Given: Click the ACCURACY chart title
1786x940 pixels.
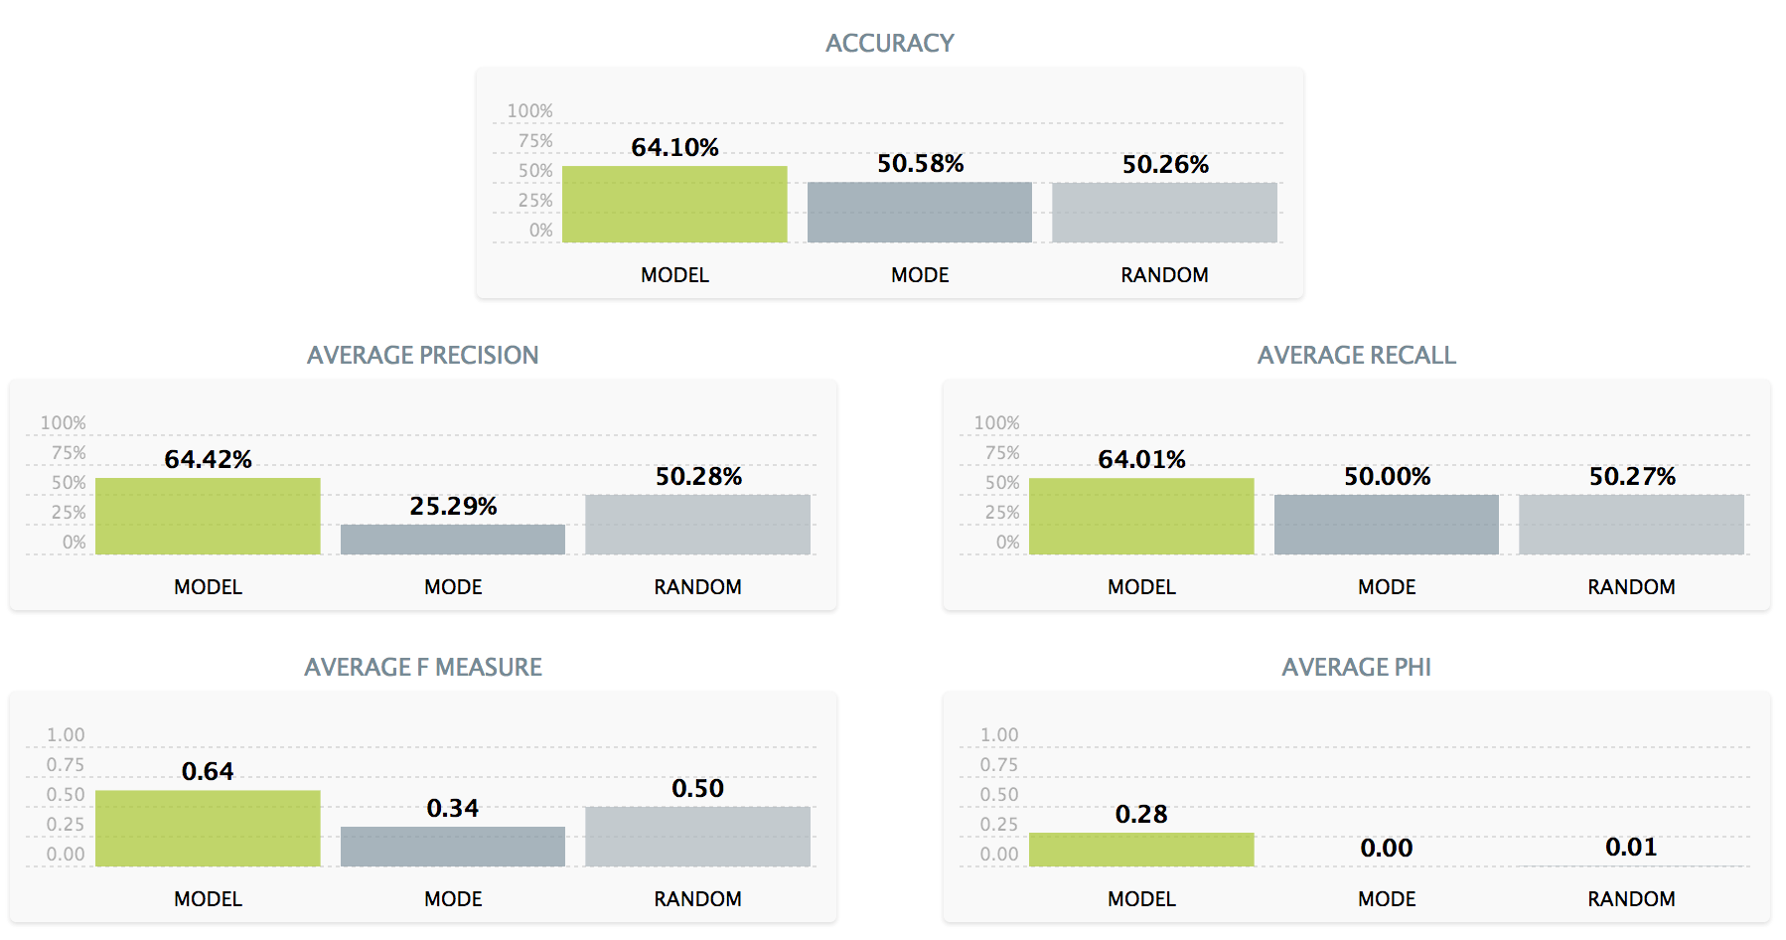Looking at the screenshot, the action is [x=889, y=44].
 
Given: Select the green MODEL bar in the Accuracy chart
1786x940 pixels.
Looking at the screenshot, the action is [x=674, y=204].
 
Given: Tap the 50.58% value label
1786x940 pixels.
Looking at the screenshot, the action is [x=920, y=164].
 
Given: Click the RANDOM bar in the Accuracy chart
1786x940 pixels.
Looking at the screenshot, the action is [x=1164, y=213].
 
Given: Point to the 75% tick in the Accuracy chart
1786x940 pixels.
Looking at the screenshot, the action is [x=535, y=141].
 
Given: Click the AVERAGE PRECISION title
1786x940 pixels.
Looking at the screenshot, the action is [x=422, y=356].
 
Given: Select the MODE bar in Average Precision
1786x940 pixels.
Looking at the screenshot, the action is [x=453, y=540].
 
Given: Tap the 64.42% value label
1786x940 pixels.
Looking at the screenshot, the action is [x=208, y=459].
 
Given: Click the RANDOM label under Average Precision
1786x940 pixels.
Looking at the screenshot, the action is [x=697, y=587].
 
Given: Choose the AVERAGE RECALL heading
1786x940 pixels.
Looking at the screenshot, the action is [x=1356, y=356].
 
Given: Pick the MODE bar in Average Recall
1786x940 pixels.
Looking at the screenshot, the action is [x=1387, y=525].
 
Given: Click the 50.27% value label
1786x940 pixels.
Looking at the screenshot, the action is [x=1632, y=477].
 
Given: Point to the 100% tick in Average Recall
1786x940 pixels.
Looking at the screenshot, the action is [x=996, y=423].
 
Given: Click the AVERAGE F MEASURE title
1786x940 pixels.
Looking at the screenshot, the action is [x=423, y=668].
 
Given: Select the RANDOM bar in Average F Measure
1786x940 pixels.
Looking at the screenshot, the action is [x=697, y=837].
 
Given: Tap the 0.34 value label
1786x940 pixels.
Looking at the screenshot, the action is [x=453, y=809].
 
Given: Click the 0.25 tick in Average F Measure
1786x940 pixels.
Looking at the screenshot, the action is [x=66, y=825].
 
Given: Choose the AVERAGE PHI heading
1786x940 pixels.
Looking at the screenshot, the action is [x=1356, y=668].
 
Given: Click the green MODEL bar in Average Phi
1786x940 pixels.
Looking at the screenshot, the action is [x=1141, y=850].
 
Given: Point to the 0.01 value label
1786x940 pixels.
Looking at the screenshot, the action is [x=1631, y=848].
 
